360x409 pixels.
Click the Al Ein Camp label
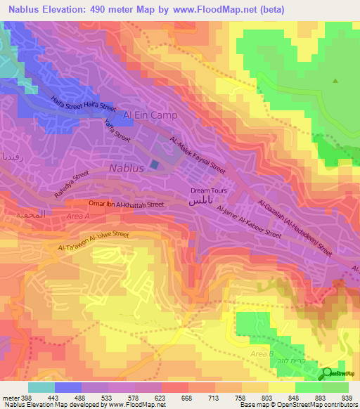tap(150, 115)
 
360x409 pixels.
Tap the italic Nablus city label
tap(127, 169)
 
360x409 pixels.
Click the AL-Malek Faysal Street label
tap(198, 155)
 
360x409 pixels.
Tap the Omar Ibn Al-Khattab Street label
tap(126, 204)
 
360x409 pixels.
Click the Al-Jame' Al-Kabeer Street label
tap(249, 223)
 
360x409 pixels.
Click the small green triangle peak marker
tap(335, 80)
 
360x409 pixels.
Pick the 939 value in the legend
tap(345, 397)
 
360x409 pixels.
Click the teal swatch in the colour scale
tap(41, 387)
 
